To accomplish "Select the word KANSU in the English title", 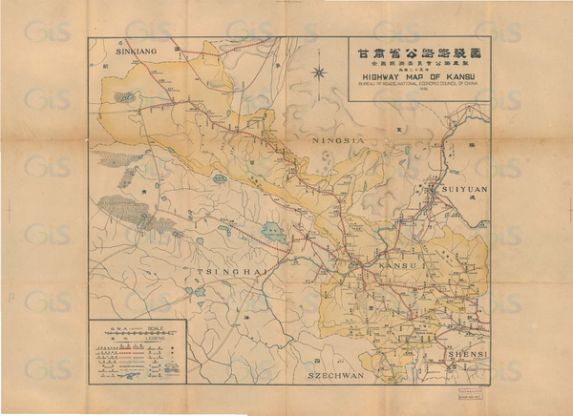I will pos(450,81).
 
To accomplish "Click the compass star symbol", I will pos(320,71).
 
